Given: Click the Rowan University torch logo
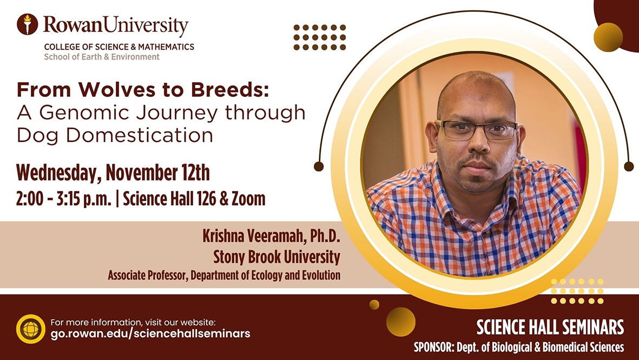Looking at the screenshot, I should [27, 24].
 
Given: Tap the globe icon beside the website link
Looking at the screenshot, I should [31, 329].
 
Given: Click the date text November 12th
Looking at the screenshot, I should [157, 173].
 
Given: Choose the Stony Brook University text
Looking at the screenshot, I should [277, 256].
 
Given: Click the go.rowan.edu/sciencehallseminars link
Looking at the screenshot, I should [150, 334].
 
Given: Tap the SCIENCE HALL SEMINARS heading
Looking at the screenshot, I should [550, 328].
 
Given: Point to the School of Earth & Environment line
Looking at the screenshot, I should [102, 57].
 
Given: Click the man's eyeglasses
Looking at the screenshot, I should [476, 130].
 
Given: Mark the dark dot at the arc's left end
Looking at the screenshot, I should [319, 166].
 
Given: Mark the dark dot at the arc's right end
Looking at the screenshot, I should [629, 166].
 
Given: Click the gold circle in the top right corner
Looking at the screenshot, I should [608, 37].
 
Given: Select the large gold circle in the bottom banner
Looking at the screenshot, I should [401, 322].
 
